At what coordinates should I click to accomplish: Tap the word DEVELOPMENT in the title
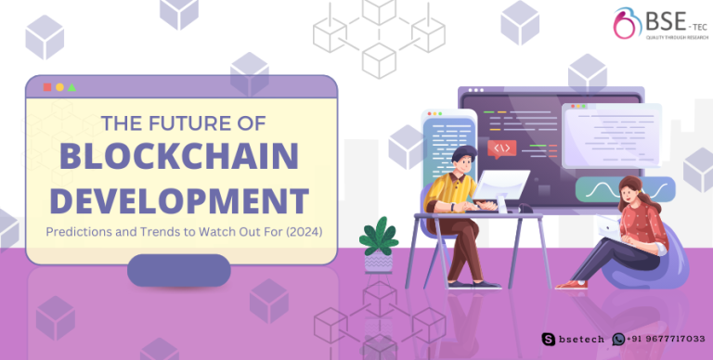(x=179, y=199)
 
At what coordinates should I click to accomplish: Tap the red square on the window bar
(x=47, y=87)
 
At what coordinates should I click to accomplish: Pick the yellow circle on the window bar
(x=60, y=87)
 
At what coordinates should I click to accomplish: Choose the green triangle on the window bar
(x=72, y=87)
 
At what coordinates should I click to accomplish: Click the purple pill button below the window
(x=178, y=270)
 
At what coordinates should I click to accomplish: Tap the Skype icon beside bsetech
(x=551, y=339)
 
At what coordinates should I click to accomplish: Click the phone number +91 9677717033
(x=662, y=339)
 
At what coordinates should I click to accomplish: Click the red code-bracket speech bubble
(x=502, y=148)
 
